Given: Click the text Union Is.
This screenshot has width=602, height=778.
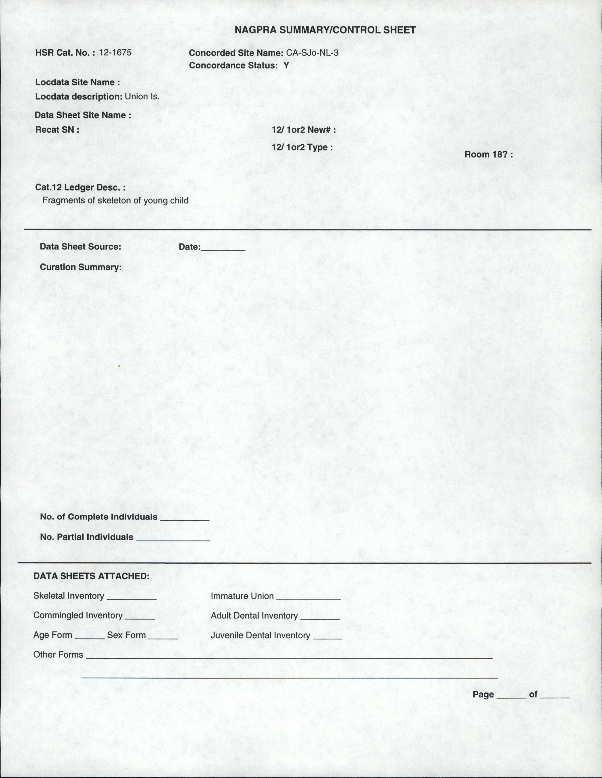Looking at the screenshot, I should point(142,96).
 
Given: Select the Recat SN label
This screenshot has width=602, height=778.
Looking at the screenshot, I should point(57,130).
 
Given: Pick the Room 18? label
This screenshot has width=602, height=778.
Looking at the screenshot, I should point(488,155).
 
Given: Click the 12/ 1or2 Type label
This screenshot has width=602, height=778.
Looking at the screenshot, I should point(302,147).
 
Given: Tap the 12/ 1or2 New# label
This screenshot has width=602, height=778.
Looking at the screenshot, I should point(304,130).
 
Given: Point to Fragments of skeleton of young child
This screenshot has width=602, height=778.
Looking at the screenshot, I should point(116,200).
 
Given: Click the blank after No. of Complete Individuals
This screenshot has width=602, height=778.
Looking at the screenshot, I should point(185,518).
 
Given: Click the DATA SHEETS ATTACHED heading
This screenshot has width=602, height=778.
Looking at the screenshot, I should point(91,576).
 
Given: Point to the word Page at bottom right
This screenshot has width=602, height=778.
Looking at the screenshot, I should point(483,694).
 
